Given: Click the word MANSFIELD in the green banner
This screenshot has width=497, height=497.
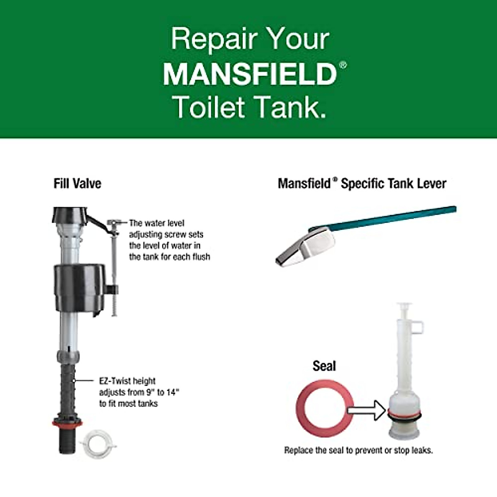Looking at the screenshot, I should coord(250,74).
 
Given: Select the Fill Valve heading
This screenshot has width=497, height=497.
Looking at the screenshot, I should coord(77,183).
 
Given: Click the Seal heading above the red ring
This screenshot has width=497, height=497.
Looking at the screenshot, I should coord(324,366).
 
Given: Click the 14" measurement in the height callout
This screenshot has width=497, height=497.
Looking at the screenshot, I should coord(172,392).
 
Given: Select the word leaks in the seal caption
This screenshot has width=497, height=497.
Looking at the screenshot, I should coord(422,450).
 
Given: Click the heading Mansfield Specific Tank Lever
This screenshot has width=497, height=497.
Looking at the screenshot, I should coord(362,183).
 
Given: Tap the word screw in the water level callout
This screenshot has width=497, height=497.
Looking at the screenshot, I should coord(177,234).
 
